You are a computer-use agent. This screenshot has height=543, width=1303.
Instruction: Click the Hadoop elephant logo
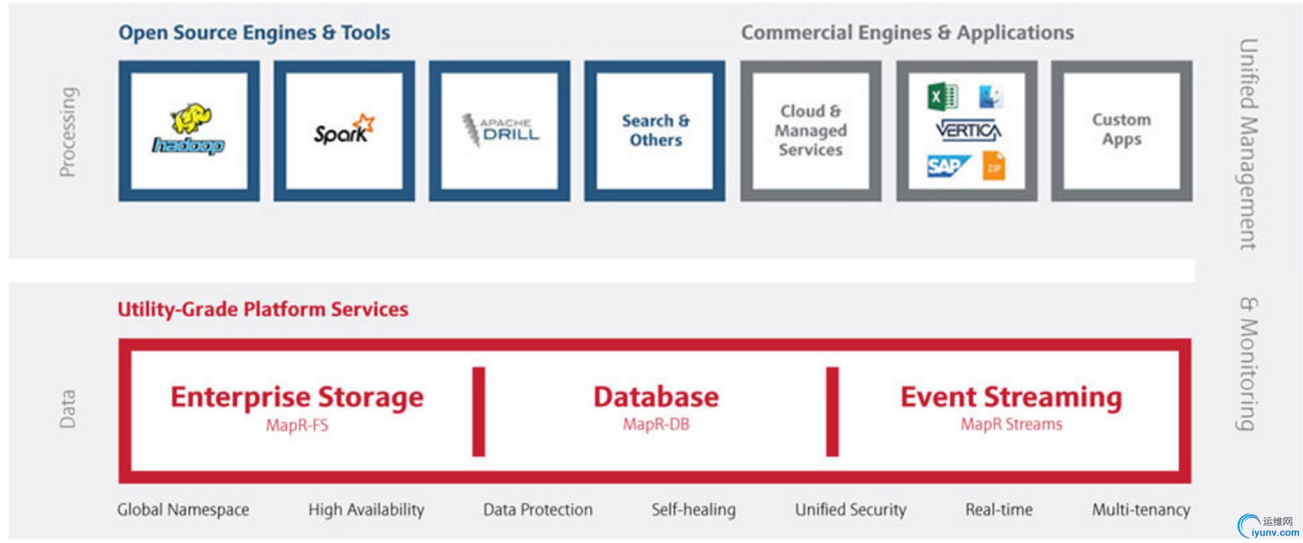point(189,129)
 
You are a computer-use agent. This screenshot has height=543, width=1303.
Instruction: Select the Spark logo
point(344,129)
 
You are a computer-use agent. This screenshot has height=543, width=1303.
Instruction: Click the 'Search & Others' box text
point(655,130)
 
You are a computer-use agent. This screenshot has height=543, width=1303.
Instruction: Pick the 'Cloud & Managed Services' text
point(811,130)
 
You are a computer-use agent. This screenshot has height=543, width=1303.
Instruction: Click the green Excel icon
point(942,97)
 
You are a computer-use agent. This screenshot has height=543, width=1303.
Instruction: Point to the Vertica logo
point(968,131)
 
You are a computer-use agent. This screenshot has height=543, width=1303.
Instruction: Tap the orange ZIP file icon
point(993,166)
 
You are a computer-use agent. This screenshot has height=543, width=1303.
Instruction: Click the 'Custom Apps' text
point(1122,129)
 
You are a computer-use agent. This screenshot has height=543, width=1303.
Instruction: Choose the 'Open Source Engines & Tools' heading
point(254,32)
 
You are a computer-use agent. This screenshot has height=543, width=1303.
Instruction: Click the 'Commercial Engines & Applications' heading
point(907,32)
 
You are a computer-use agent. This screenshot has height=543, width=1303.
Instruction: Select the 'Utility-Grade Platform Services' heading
point(263,310)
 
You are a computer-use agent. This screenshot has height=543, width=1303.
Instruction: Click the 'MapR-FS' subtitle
point(297,425)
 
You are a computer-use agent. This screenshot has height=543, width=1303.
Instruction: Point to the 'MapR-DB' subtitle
point(656,424)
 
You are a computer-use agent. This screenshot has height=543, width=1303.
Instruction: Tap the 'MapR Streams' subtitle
point(1011,424)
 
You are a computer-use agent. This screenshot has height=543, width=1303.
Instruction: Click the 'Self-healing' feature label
point(693,509)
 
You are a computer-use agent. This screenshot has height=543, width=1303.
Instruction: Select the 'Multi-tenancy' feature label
point(1141,509)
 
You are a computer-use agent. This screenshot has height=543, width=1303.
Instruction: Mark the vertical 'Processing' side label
point(68,132)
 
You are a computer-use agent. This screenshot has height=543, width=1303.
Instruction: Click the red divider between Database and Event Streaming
point(832,411)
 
